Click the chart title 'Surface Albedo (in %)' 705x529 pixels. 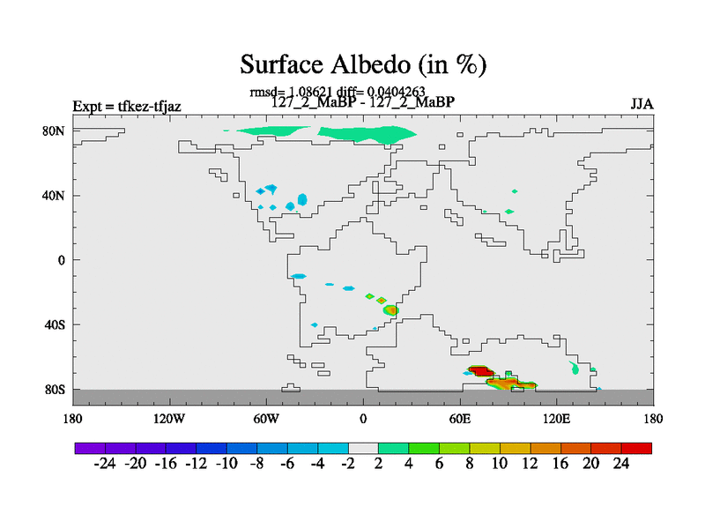tap(363, 64)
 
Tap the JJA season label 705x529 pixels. tap(642, 104)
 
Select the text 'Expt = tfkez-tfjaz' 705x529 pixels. tap(127, 106)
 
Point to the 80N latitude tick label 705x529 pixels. tap(53, 130)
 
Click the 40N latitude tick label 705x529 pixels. tap(53, 196)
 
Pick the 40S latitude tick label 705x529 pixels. tap(55, 324)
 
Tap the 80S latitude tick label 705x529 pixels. tap(55, 390)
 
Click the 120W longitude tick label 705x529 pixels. tap(169, 419)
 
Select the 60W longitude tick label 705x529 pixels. tap(266, 419)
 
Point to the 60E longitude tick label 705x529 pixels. tap(460, 419)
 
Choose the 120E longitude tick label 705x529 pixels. tap(557, 419)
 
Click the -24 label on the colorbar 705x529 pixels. tap(105, 464)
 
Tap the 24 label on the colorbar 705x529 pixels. tap(621, 464)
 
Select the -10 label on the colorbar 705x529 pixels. tap(226, 464)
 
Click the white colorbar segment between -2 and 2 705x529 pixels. tap(363, 448)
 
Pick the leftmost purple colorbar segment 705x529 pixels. tap(90, 448)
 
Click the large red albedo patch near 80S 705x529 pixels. tap(480, 371)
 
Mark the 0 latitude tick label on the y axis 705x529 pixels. tap(61, 260)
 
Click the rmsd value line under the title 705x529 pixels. tap(338, 92)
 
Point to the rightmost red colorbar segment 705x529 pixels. tap(636, 448)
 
